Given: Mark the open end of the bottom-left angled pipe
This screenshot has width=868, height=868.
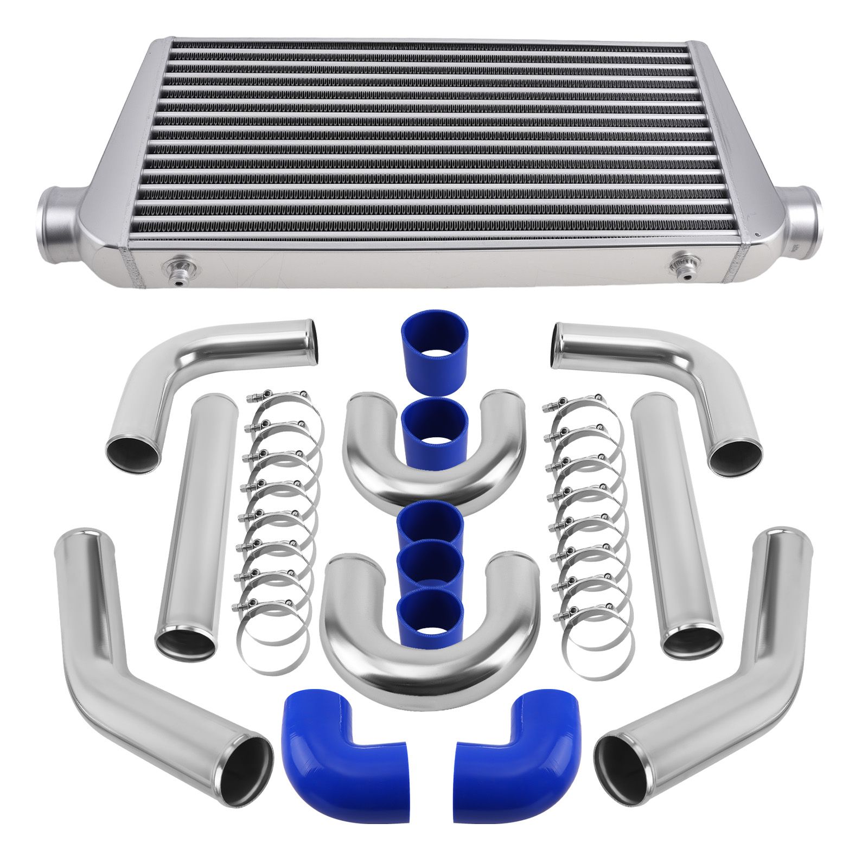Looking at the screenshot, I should pyautogui.click(x=241, y=770).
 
